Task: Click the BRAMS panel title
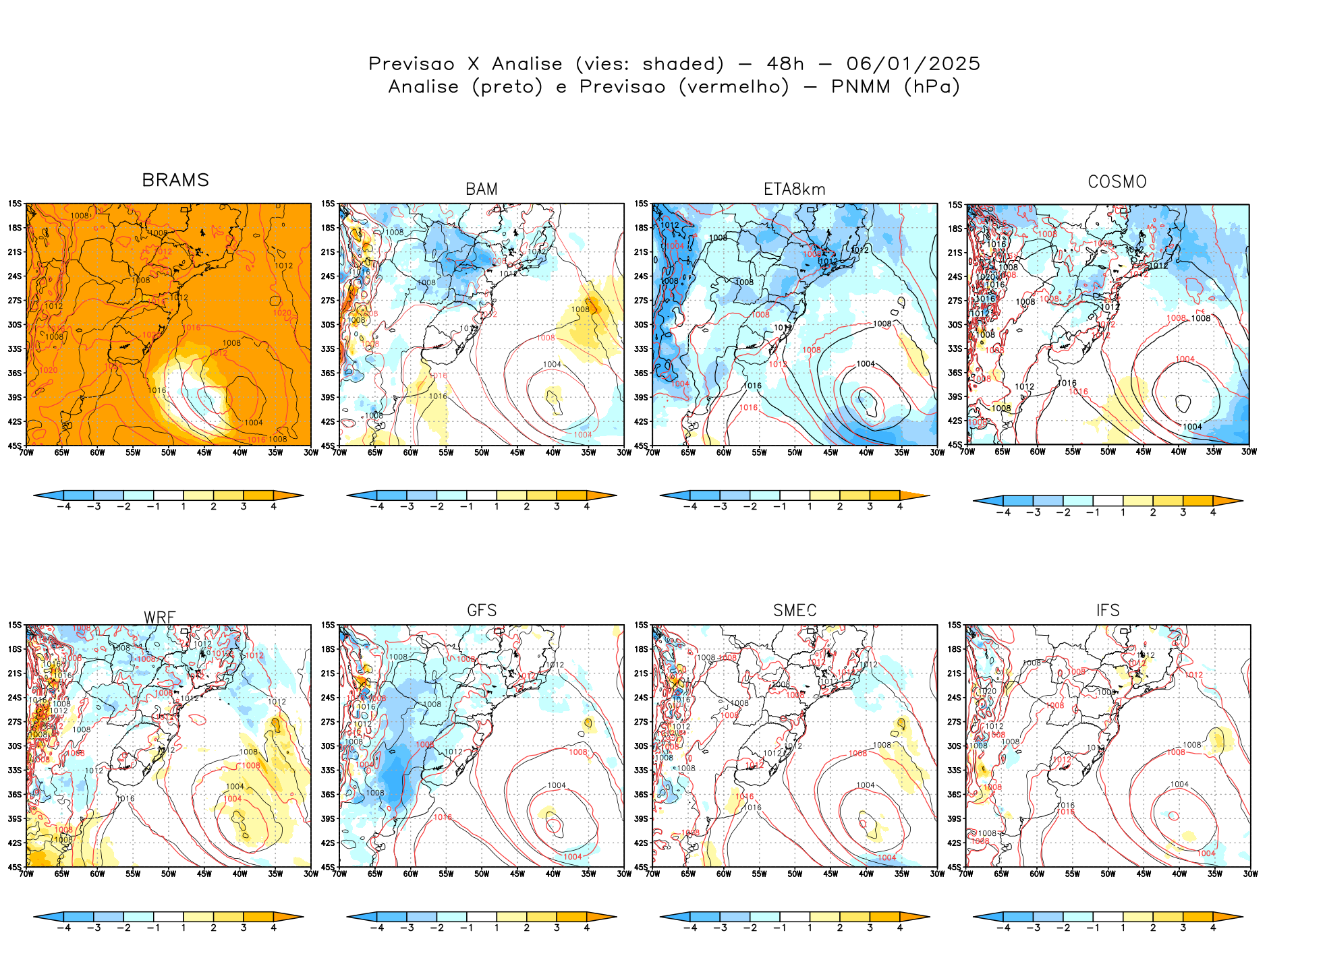pos(175,180)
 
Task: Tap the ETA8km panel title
pos(794,189)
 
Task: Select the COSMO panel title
pos(1117,182)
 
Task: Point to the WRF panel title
pos(160,617)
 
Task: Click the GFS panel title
pos(482,611)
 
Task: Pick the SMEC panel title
pos(795,611)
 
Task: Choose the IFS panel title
pos(1108,611)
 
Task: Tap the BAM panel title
pos(482,189)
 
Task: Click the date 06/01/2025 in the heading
pos(913,64)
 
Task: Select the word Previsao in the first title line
pos(412,64)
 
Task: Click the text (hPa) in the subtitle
pos(932,87)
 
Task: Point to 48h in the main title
pos(785,64)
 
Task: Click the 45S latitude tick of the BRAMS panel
pos(15,446)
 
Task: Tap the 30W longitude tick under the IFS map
pos(1250,874)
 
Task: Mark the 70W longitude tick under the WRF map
pos(26,874)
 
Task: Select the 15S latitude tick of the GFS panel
pos(328,625)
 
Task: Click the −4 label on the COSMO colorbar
pos(1003,512)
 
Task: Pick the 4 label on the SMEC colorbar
pos(899,928)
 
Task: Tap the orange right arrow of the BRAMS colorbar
pos(289,495)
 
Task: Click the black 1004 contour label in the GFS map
pos(557,785)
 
